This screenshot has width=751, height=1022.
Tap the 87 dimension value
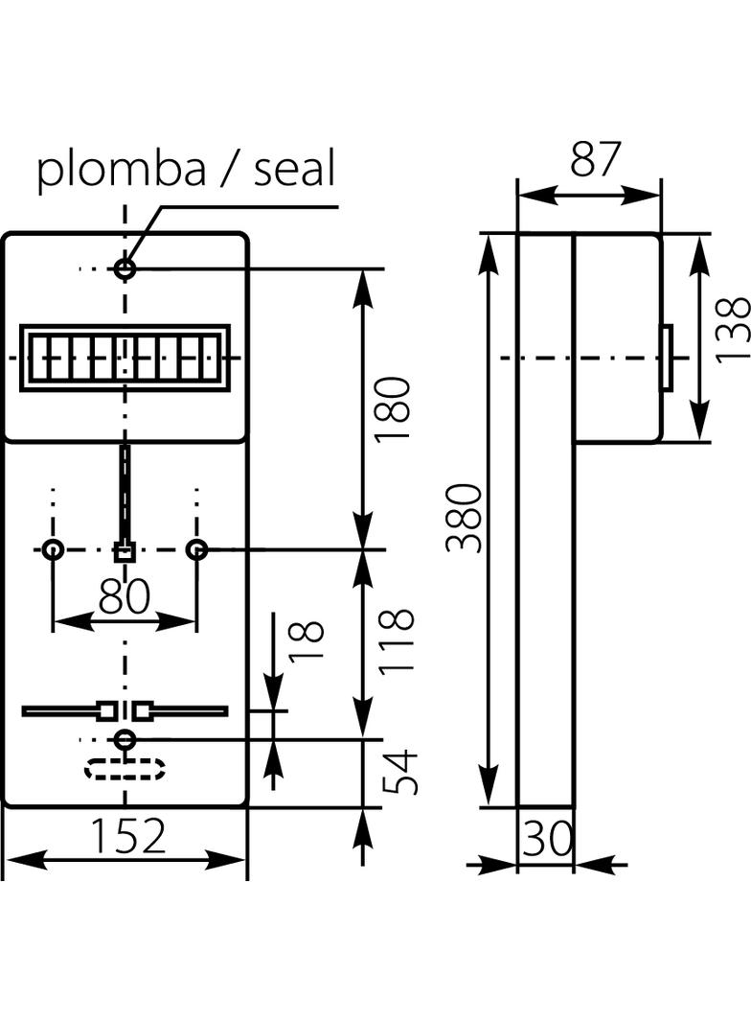coord(596,159)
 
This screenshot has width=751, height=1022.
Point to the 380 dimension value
coord(465,518)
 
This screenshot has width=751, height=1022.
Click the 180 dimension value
coord(394,408)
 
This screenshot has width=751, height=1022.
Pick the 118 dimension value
coord(396,640)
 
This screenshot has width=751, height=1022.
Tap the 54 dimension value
coord(401,773)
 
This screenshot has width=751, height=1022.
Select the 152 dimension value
coord(128,836)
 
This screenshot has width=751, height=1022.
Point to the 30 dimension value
coord(547,840)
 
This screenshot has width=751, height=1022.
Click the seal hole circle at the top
coord(125,268)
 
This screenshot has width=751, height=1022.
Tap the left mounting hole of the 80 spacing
coord(53,550)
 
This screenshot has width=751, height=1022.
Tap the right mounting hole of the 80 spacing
coord(196,550)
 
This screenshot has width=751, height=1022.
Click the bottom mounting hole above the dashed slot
coord(125,739)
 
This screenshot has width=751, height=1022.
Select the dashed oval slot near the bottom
coord(125,769)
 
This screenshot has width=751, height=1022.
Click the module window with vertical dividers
coord(125,358)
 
